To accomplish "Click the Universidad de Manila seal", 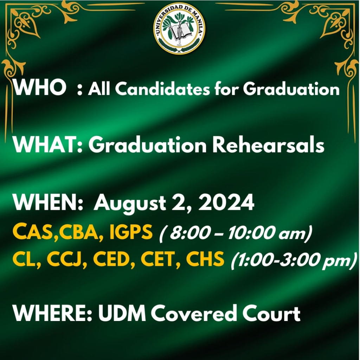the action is coord(179,28).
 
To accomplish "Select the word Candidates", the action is coord(162,89).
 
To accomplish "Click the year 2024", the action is coord(226,202).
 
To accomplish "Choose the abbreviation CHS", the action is coord(205,259).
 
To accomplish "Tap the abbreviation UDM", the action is coord(122,314).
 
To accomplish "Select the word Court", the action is coord(271,314).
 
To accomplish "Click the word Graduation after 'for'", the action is coord(291,89).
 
